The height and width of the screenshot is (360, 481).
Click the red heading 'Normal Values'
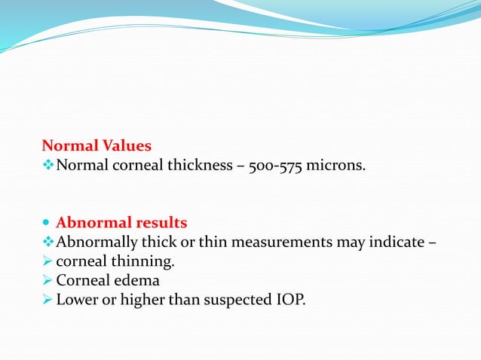coord(97,145)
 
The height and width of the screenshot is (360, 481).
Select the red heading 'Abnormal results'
coord(121,223)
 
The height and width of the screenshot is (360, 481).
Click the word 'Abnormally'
coord(94,243)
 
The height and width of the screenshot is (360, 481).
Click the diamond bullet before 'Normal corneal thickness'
coord(47,165)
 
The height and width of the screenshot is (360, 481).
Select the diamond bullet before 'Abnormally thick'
coord(47,243)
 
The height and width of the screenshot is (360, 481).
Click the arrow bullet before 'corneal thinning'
coord(47,262)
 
